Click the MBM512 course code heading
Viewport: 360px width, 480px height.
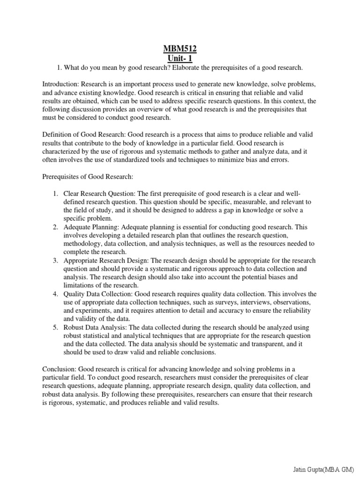[180, 49]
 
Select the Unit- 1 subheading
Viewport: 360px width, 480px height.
[180, 58]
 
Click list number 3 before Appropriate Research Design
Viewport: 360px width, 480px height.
[55, 261]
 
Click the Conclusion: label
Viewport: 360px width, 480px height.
[60, 369]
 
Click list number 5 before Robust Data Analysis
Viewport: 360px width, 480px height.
[55, 328]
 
